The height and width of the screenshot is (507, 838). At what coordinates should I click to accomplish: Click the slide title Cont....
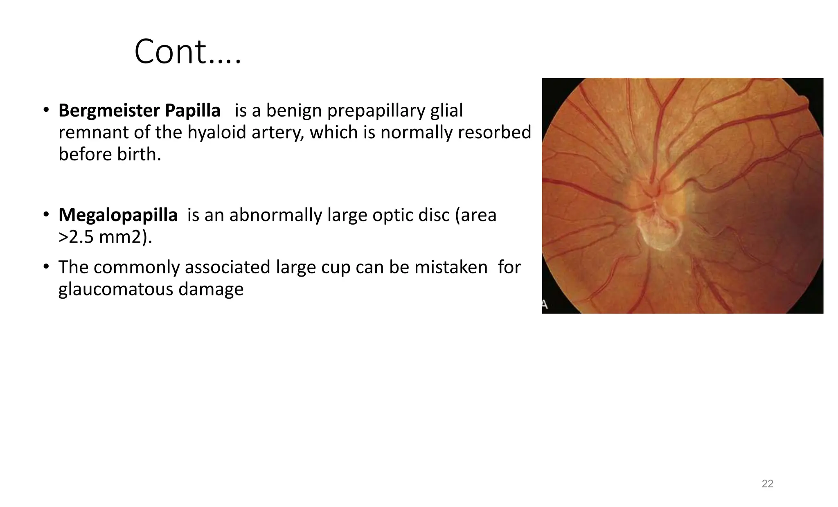[187, 52]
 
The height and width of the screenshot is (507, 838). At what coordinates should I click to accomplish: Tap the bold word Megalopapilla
[118, 215]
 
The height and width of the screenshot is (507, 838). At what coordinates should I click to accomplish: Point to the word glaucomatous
[116, 289]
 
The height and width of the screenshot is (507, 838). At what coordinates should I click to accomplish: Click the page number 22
[767, 484]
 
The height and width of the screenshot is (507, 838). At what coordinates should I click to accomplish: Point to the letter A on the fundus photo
[545, 304]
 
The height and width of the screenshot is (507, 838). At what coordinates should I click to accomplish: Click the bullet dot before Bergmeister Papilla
[46, 110]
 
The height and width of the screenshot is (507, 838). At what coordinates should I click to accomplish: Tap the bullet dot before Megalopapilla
[46, 214]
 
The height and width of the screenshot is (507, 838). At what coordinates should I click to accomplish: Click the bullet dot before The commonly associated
[46, 267]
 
